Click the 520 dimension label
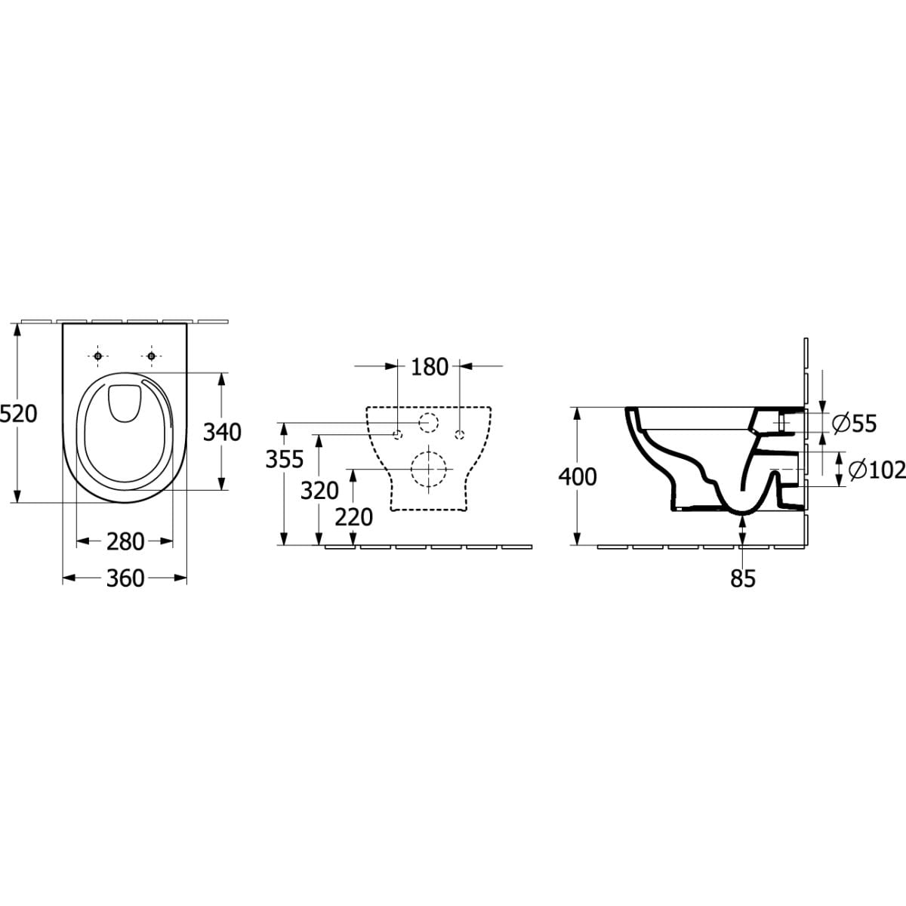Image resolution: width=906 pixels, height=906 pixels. (19, 414)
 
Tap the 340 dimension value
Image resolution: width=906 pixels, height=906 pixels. (222, 432)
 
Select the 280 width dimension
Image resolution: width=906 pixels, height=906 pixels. (125, 541)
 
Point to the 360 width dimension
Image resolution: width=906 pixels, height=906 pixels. (125, 578)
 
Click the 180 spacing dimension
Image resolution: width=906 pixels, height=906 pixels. (430, 367)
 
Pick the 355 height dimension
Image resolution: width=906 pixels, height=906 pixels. (285, 459)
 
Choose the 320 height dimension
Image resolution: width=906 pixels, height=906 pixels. (319, 491)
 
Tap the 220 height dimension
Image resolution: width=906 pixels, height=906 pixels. (354, 518)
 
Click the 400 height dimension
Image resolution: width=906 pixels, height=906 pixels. (578, 477)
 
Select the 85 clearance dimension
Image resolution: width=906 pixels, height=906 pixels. (743, 578)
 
